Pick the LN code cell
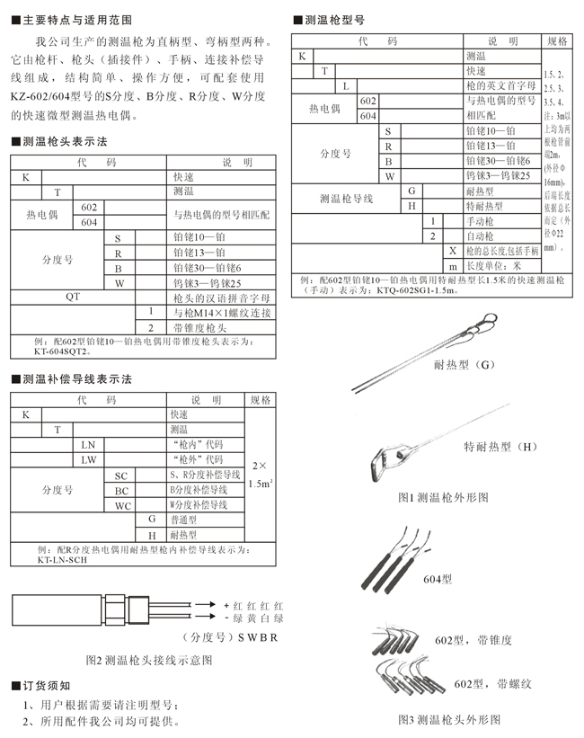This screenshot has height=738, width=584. tap(88, 444)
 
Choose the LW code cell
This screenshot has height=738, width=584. tap(88, 459)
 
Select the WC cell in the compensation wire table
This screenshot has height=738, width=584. tap(122, 505)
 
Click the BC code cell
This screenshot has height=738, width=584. tap(122, 490)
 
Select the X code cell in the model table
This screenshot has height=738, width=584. tap(454, 251)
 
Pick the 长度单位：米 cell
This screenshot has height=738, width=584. tap(499, 266)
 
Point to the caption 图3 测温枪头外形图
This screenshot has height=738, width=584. tap(449, 719)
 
